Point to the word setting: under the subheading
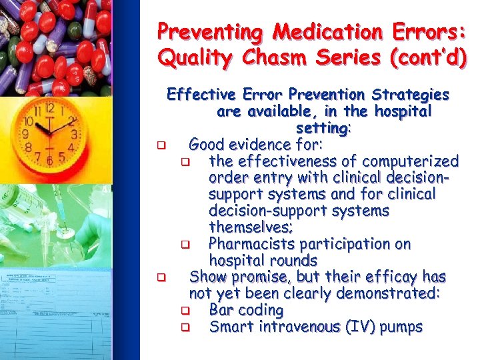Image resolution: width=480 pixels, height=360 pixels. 323,127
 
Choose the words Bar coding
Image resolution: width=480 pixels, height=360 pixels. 246,310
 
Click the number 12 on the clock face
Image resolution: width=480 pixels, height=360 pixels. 49,109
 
